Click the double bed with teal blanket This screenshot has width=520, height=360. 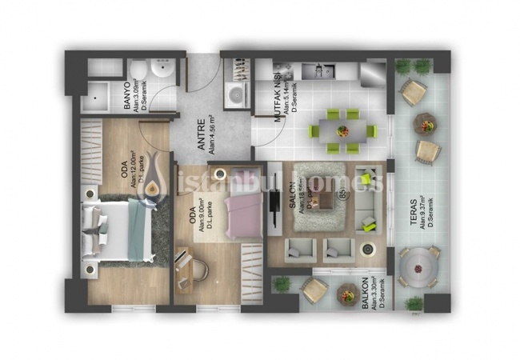point(120,229)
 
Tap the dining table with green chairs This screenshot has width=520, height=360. point(344,130)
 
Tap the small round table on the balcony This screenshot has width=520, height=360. point(347,293)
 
